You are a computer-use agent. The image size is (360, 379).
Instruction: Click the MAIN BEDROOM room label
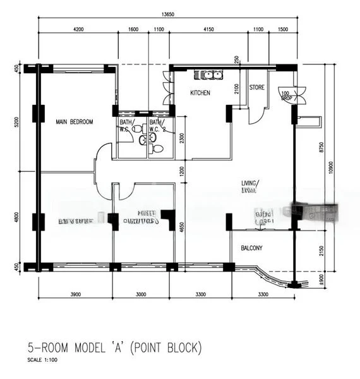coord(74,122)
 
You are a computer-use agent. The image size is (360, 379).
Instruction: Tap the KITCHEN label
coord(200,93)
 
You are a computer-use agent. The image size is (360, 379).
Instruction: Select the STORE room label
coord(256,88)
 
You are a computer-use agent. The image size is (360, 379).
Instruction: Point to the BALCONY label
coord(251,248)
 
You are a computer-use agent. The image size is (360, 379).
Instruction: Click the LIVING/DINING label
coord(250,186)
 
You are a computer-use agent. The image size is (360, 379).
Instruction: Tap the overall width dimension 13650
coord(167,13)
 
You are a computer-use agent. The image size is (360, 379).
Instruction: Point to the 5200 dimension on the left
coord(17,121)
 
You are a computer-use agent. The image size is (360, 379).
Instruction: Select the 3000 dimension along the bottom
coord(141,294)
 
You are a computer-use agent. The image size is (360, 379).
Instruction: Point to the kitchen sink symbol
coord(208,75)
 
